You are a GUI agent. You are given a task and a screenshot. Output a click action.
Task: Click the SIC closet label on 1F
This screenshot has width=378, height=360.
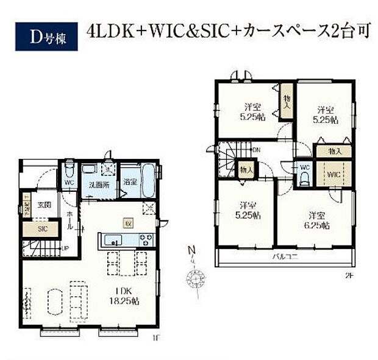pos(42,229)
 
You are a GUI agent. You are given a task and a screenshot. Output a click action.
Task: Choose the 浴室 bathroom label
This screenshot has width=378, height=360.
pos(129,182)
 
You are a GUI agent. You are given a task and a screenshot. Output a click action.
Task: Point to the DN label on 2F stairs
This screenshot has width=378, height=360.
pos(256,149)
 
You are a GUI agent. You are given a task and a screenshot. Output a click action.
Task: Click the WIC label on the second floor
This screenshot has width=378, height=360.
pos(332,175)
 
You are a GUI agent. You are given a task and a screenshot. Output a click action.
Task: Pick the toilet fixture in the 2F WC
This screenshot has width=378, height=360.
pos(304,177)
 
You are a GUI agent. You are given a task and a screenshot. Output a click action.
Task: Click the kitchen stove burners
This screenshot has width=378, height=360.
pos(146,238)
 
